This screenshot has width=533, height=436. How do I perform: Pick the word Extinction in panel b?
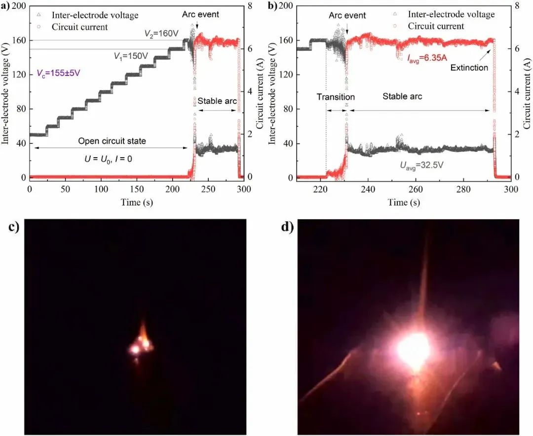click(x=469, y=68)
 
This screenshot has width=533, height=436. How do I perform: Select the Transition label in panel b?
click(x=336, y=97)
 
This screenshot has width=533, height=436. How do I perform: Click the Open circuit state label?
click(x=112, y=141)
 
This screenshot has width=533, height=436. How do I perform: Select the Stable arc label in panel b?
click(x=402, y=97)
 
